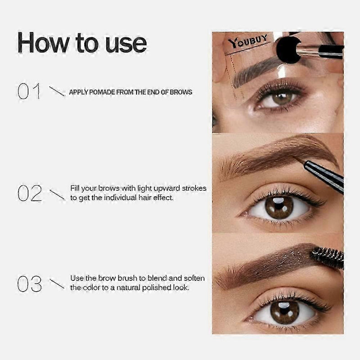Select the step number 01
coord(29,91)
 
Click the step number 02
coord(30,193)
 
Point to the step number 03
coord(30,284)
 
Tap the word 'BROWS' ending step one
coord(181,92)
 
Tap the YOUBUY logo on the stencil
coord(248,41)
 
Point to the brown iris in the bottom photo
coord(284,312)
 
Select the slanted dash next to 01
coord(57,91)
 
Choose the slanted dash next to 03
coord(57,284)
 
